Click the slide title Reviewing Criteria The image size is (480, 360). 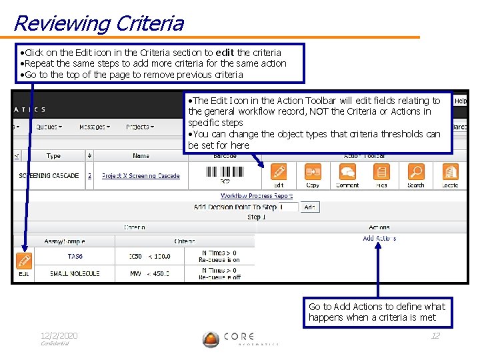click(x=98, y=23)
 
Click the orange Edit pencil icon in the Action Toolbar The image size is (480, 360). click(x=279, y=173)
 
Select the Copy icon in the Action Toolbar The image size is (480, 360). click(x=313, y=173)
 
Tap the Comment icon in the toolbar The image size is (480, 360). click(x=347, y=173)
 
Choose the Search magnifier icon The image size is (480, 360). click(x=415, y=173)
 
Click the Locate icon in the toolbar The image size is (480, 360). click(x=450, y=173)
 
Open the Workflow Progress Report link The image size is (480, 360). click(x=257, y=196)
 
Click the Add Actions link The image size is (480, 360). click(x=379, y=238)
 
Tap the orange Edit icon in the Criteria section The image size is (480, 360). click(x=24, y=260)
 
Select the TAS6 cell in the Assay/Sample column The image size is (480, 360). click(x=75, y=256)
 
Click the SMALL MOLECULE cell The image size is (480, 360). click(x=75, y=273)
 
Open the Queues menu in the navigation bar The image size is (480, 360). click(x=49, y=127)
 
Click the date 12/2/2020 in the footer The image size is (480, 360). click(x=59, y=335)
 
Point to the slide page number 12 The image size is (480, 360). click(x=435, y=335)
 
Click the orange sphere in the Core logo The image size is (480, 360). click(x=211, y=339)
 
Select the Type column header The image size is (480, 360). click(x=53, y=156)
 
